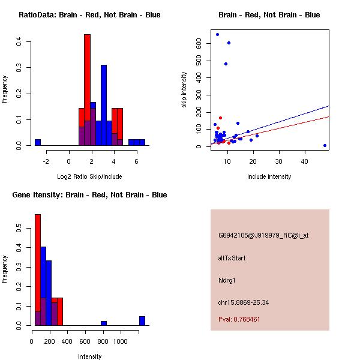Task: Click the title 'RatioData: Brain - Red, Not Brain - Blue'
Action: coord(89,15)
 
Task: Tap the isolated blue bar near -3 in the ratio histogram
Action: coord(38,142)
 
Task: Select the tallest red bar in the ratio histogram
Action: coord(87,90)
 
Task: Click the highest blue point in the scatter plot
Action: coord(217,34)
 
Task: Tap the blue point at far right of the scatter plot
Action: coord(325,145)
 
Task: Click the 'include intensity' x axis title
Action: coord(269,176)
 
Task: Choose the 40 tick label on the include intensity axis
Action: coord(304,161)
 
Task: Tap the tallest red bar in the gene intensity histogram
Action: coord(38,270)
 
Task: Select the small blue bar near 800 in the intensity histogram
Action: coord(104,323)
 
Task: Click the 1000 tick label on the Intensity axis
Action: coord(121,340)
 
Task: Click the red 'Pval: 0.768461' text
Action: coord(239,319)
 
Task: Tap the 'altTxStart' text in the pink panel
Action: coord(232,258)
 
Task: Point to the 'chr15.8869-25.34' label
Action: coord(244,302)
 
